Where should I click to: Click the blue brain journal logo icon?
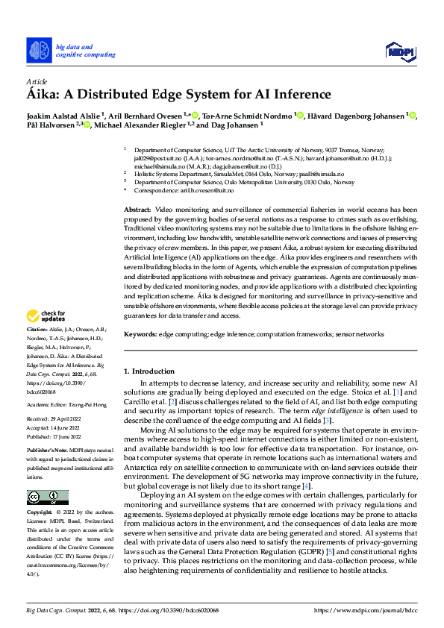tap(39, 51)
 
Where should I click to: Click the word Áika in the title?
tap(43, 95)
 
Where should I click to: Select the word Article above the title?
tap(37, 81)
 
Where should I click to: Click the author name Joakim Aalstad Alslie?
tap(59, 115)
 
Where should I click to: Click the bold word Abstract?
tap(137, 211)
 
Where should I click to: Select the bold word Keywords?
tap(140, 335)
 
